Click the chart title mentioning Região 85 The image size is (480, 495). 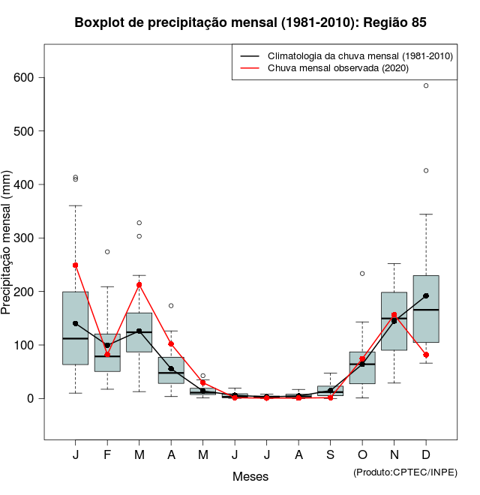click(250, 22)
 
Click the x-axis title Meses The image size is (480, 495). click(250, 476)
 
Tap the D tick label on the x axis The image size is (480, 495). click(426, 455)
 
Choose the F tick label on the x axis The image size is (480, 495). click(107, 455)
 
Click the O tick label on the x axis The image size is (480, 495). click(362, 455)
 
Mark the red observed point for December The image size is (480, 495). click(426, 355)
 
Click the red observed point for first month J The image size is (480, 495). click(76, 265)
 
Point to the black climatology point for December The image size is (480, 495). click(426, 295)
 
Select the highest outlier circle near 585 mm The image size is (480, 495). click(426, 85)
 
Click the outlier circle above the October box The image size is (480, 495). click(362, 274)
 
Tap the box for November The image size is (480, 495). click(394, 321)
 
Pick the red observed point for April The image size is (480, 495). click(171, 343)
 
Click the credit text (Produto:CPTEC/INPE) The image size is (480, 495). click(405, 472)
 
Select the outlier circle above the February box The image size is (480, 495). click(107, 252)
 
